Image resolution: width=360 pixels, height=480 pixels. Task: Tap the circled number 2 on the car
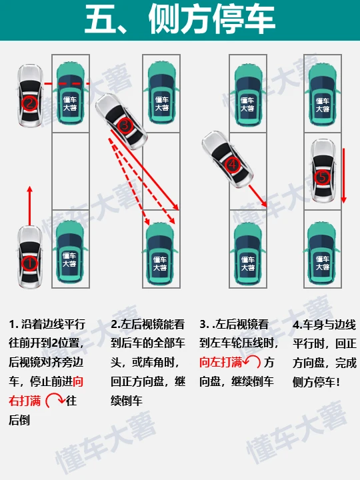29,103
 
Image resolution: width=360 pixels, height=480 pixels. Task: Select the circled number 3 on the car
125,125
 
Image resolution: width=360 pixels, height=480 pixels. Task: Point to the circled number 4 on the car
233,165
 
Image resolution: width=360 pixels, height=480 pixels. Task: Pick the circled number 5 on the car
322,177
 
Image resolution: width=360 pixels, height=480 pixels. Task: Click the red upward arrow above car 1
30,205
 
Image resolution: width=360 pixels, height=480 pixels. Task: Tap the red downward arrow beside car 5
344,176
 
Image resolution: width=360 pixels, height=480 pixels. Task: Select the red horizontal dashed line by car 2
67,83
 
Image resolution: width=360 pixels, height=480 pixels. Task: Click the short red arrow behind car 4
258,195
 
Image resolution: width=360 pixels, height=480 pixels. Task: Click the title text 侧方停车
212,19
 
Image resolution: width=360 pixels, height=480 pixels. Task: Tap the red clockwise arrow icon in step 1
55,401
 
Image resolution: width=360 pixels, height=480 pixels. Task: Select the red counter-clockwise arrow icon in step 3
252,362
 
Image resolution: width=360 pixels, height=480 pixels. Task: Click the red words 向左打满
221,363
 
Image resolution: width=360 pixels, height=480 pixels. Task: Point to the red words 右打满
25,401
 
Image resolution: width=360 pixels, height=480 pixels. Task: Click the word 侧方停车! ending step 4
316,382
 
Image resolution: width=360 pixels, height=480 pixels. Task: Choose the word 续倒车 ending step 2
127,401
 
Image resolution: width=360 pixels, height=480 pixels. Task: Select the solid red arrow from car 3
145,170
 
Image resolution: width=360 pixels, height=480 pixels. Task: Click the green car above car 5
323,95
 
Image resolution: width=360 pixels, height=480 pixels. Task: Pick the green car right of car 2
70,93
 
